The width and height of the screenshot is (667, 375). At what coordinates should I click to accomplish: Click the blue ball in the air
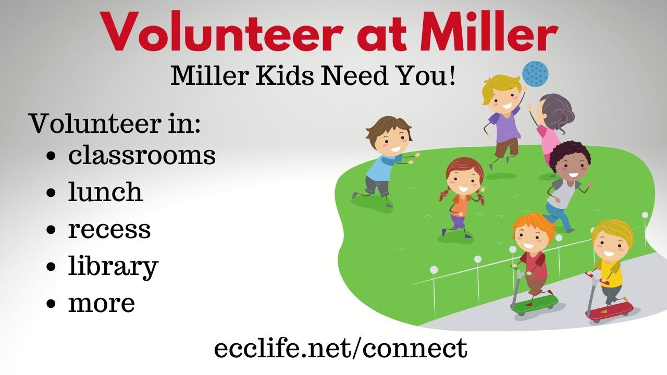(x=535, y=74)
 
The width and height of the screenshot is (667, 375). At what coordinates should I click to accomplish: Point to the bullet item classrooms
(x=142, y=155)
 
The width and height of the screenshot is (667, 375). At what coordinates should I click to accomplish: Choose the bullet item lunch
(x=105, y=192)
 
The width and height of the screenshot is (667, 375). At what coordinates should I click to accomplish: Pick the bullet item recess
(x=109, y=229)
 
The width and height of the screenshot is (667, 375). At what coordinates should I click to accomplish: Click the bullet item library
(x=113, y=267)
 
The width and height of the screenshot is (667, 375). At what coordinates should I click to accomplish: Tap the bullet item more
(x=102, y=303)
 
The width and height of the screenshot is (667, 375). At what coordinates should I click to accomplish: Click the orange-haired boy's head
(x=533, y=233)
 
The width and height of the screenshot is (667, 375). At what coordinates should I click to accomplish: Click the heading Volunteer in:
(x=115, y=123)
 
